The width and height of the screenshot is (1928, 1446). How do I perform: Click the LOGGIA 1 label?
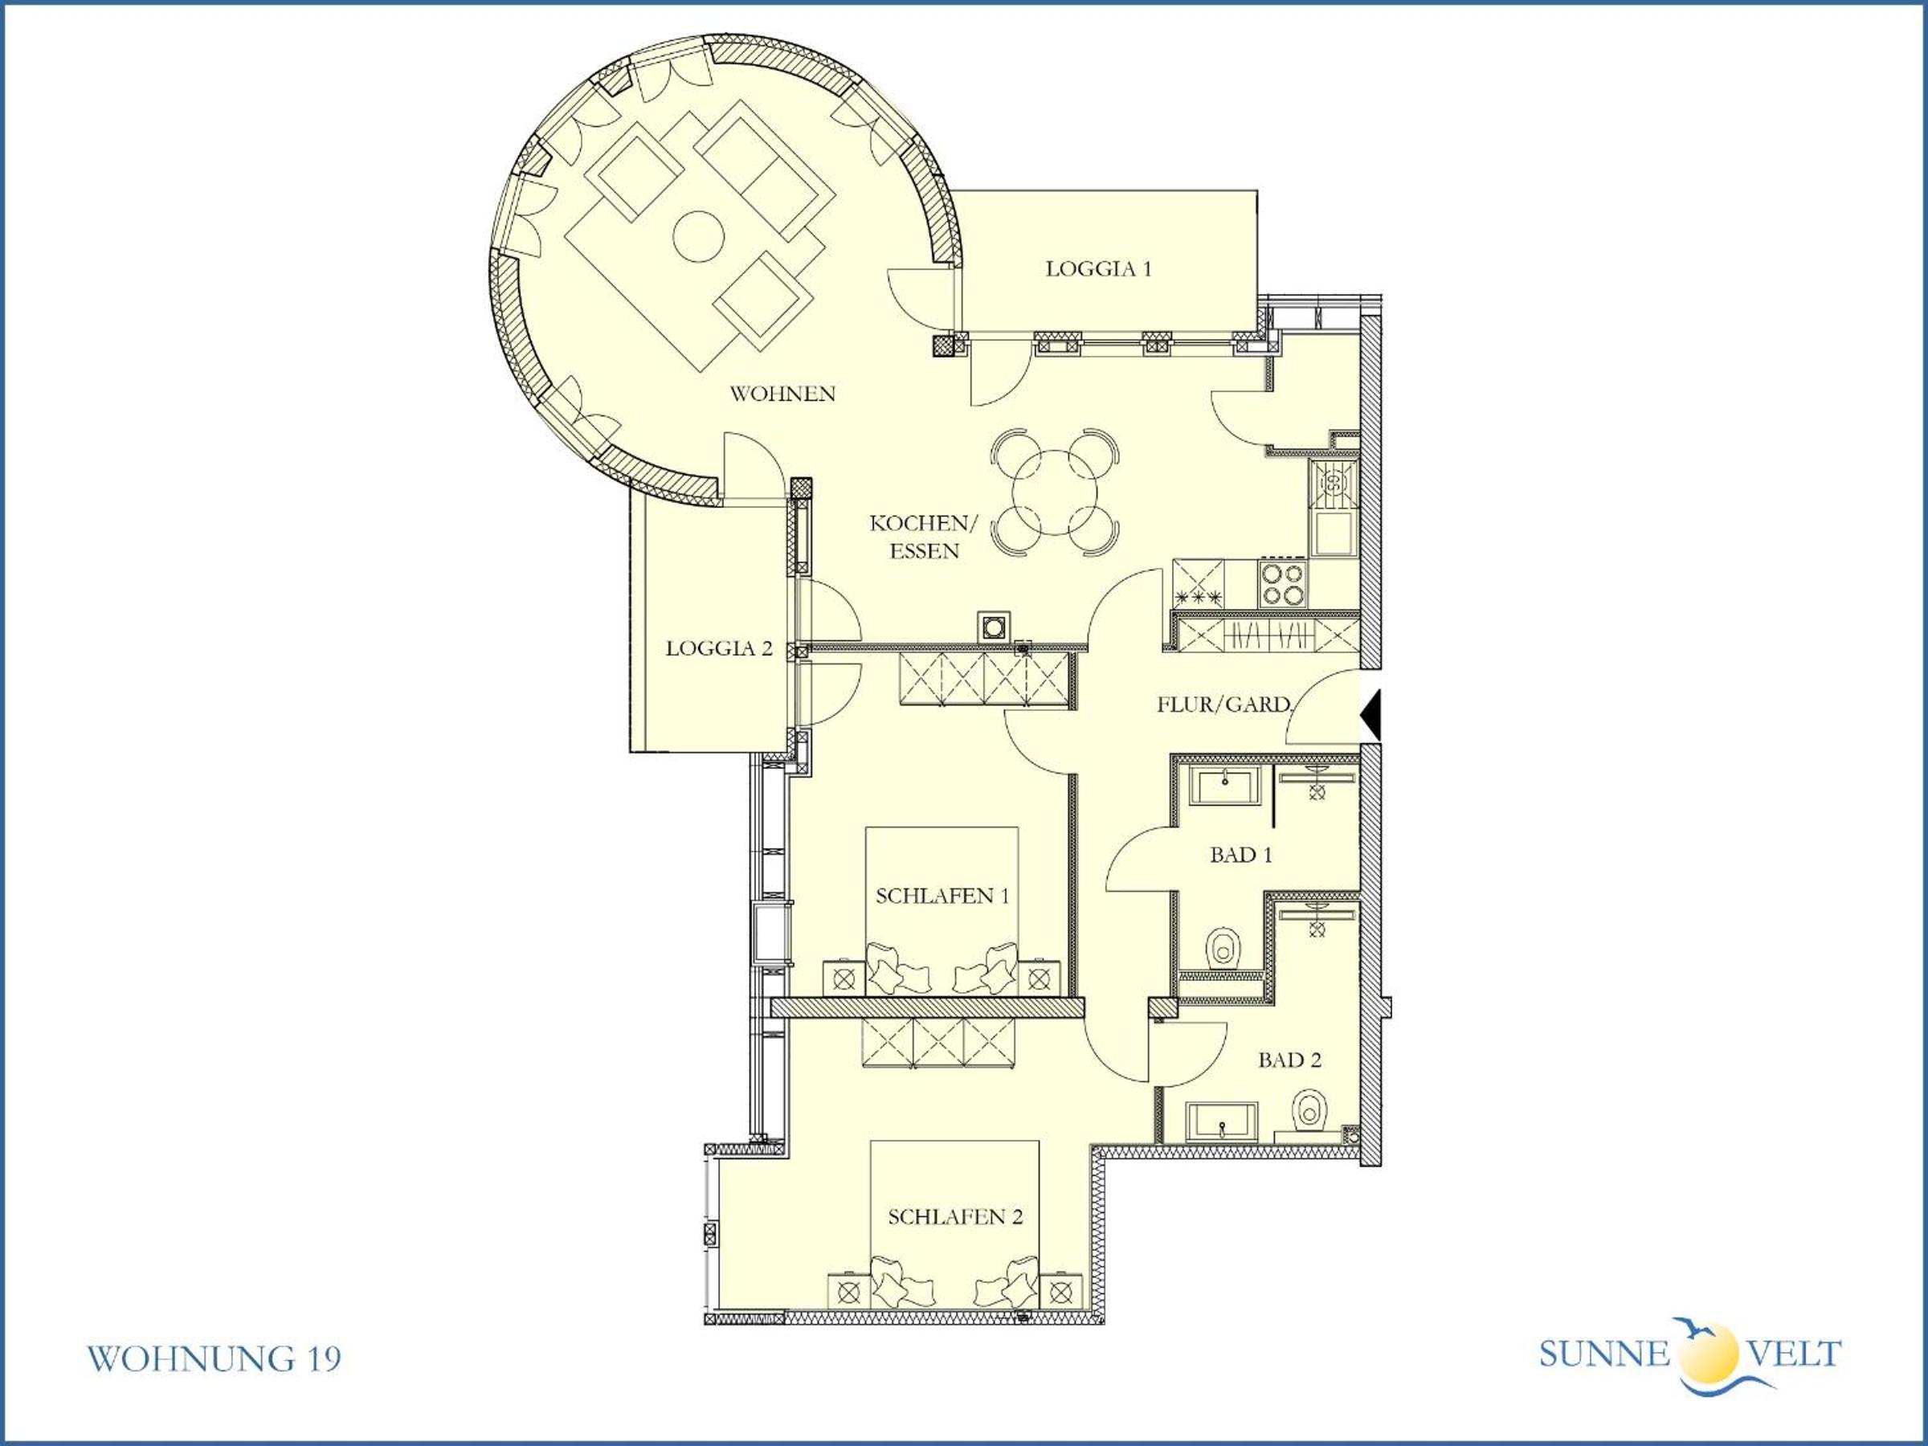(x=1098, y=268)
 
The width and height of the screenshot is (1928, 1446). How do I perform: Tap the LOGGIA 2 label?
(x=719, y=648)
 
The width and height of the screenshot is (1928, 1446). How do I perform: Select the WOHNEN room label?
(x=782, y=394)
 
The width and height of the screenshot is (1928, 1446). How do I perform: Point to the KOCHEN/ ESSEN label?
(x=924, y=537)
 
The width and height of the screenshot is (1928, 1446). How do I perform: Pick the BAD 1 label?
(x=1240, y=855)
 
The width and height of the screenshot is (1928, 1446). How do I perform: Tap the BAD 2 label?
(x=1289, y=1060)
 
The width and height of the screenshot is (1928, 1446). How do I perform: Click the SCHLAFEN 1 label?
(x=942, y=896)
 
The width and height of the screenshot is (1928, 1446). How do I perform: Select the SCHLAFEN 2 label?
(x=955, y=1217)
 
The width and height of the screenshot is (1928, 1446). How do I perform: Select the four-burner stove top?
(x=1283, y=584)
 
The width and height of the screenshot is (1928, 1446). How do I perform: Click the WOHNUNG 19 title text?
(x=214, y=1358)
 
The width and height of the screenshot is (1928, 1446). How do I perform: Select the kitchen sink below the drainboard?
(x=1333, y=534)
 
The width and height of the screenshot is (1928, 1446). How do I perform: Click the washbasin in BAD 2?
(x=1222, y=1122)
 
